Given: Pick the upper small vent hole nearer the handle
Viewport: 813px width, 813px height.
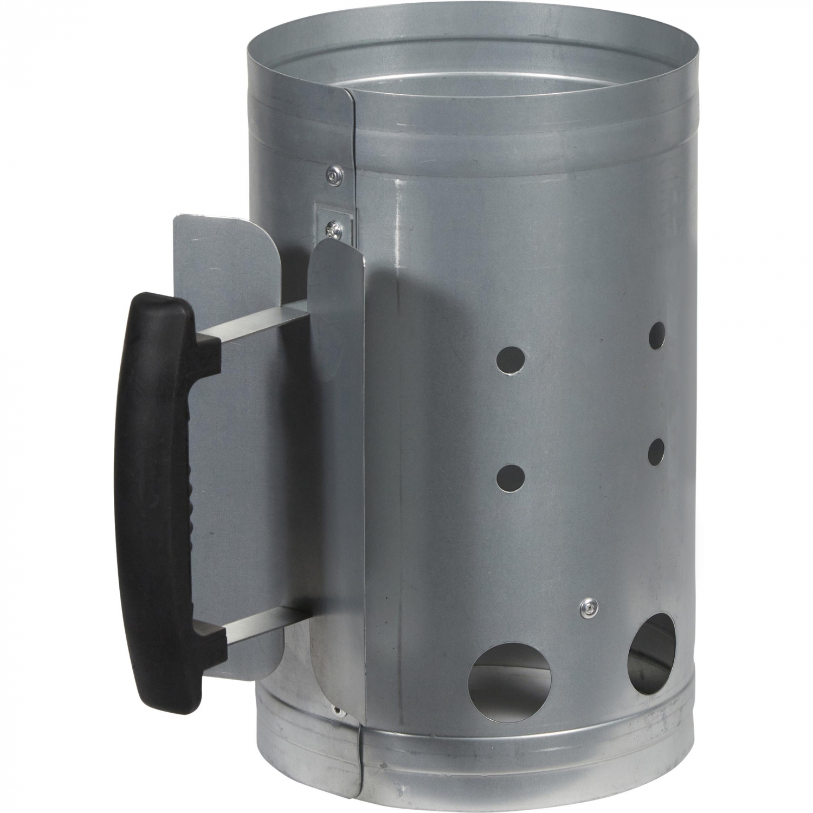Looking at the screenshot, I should [511, 360].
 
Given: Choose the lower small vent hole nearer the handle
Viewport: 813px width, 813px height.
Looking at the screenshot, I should [511, 478].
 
